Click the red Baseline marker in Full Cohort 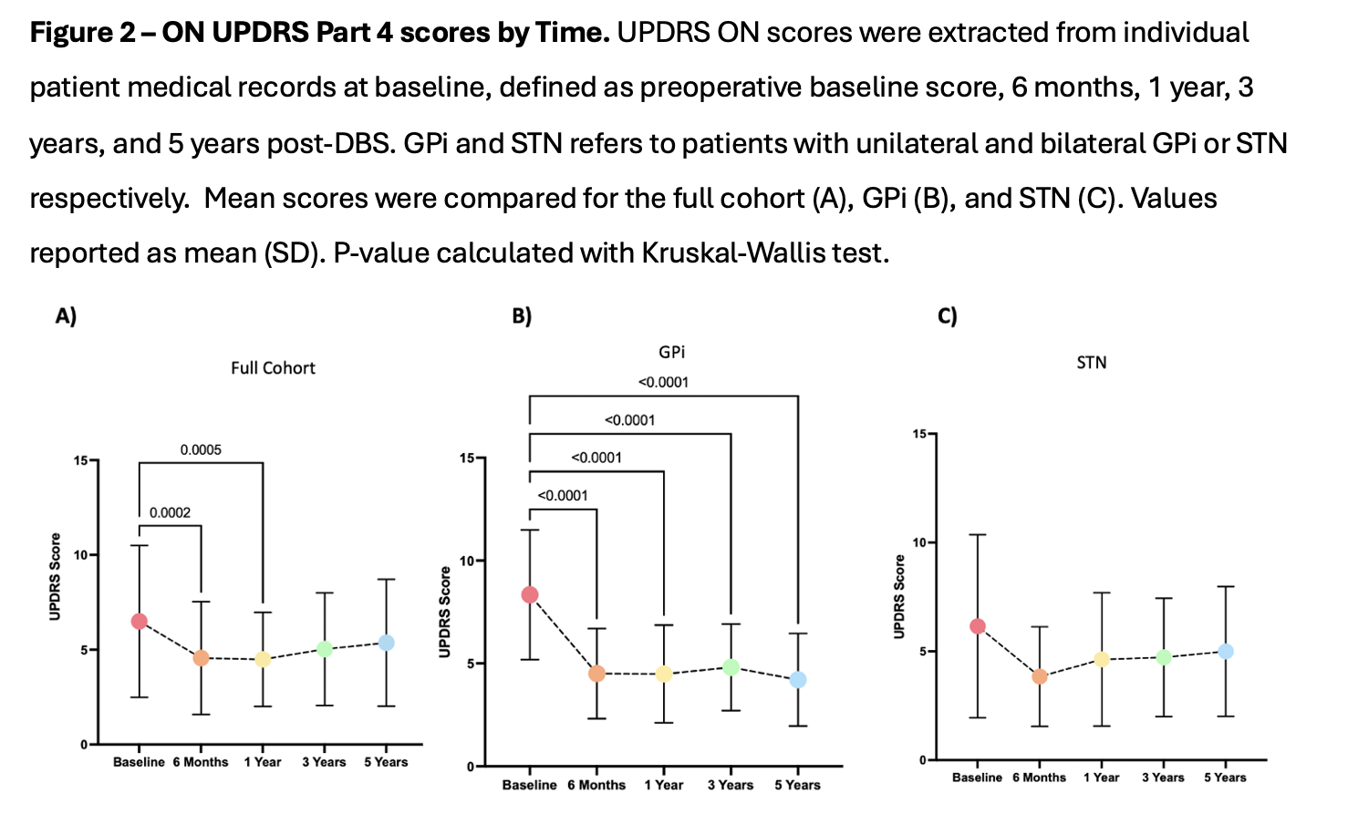pos(139,622)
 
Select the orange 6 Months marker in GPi pos(596,674)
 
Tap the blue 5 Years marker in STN pos(1225,652)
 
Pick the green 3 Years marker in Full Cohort pos(324,649)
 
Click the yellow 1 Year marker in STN pos(1101,659)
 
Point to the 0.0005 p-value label pos(201,450)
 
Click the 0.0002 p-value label pos(170,513)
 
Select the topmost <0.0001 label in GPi pos(663,383)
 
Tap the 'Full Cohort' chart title pos(273,368)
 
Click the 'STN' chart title pos(1091,363)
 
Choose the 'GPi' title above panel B pos(671,352)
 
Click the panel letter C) pos(948,316)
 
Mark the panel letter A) pos(66,316)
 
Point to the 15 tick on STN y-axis pos(919,434)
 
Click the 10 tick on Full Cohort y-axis pos(80,555)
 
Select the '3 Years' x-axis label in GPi pos(730,785)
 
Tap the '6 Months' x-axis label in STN pos(1039,778)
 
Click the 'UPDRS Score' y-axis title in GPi pos(445,612)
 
